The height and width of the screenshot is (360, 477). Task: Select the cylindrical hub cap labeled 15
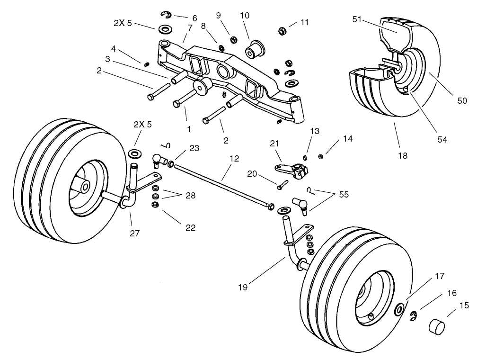click(438, 327)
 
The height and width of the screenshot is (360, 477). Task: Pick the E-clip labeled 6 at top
click(166, 14)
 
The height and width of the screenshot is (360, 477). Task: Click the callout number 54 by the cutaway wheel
click(442, 139)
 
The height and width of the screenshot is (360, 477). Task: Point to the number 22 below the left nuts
click(190, 227)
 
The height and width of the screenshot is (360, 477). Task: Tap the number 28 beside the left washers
click(190, 195)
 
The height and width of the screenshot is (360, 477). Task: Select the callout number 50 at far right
click(462, 100)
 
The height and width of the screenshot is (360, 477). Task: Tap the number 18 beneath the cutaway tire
click(403, 155)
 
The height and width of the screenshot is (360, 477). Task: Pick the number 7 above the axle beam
click(190, 28)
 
